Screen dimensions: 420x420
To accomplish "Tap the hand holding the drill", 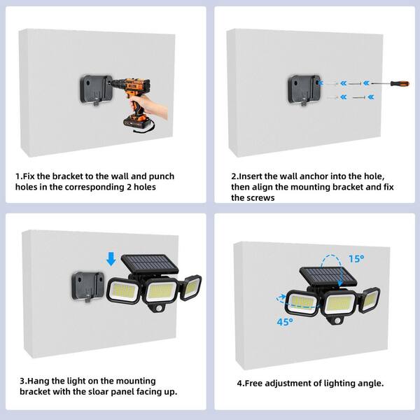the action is click(149, 106).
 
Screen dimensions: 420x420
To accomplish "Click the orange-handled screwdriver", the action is click(391, 83).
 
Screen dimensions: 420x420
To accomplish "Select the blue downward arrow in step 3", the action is click(111, 259).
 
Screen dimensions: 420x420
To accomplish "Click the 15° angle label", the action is click(356, 259).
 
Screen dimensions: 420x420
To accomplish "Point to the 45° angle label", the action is click(285, 322).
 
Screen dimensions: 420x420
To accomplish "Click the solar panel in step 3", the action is click(150, 264).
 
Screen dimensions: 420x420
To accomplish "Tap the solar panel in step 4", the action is click(328, 276).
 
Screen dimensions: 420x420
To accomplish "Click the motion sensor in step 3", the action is click(159, 308).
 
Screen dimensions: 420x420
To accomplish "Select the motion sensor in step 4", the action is click(337, 321).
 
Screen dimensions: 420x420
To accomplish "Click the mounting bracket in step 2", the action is click(304, 90).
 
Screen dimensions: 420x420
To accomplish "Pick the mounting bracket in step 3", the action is click(88, 286).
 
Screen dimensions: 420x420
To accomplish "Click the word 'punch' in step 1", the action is click(162, 176).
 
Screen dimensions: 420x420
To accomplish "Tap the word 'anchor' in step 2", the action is click(315, 176).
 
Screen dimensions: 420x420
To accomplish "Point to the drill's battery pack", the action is click(136, 121).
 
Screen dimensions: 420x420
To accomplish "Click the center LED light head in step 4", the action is click(339, 303).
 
